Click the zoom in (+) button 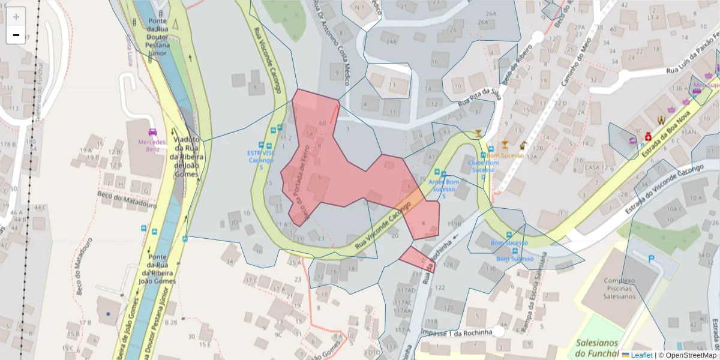click(16, 17)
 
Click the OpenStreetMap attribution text click(691, 355)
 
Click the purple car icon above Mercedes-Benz click(152, 132)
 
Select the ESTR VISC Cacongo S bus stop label click(260, 160)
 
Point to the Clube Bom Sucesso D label click(483, 170)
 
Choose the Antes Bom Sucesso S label click(444, 188)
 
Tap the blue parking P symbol click(652, 259)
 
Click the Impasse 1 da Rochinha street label click(457, 332)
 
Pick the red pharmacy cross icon click(649, 137)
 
